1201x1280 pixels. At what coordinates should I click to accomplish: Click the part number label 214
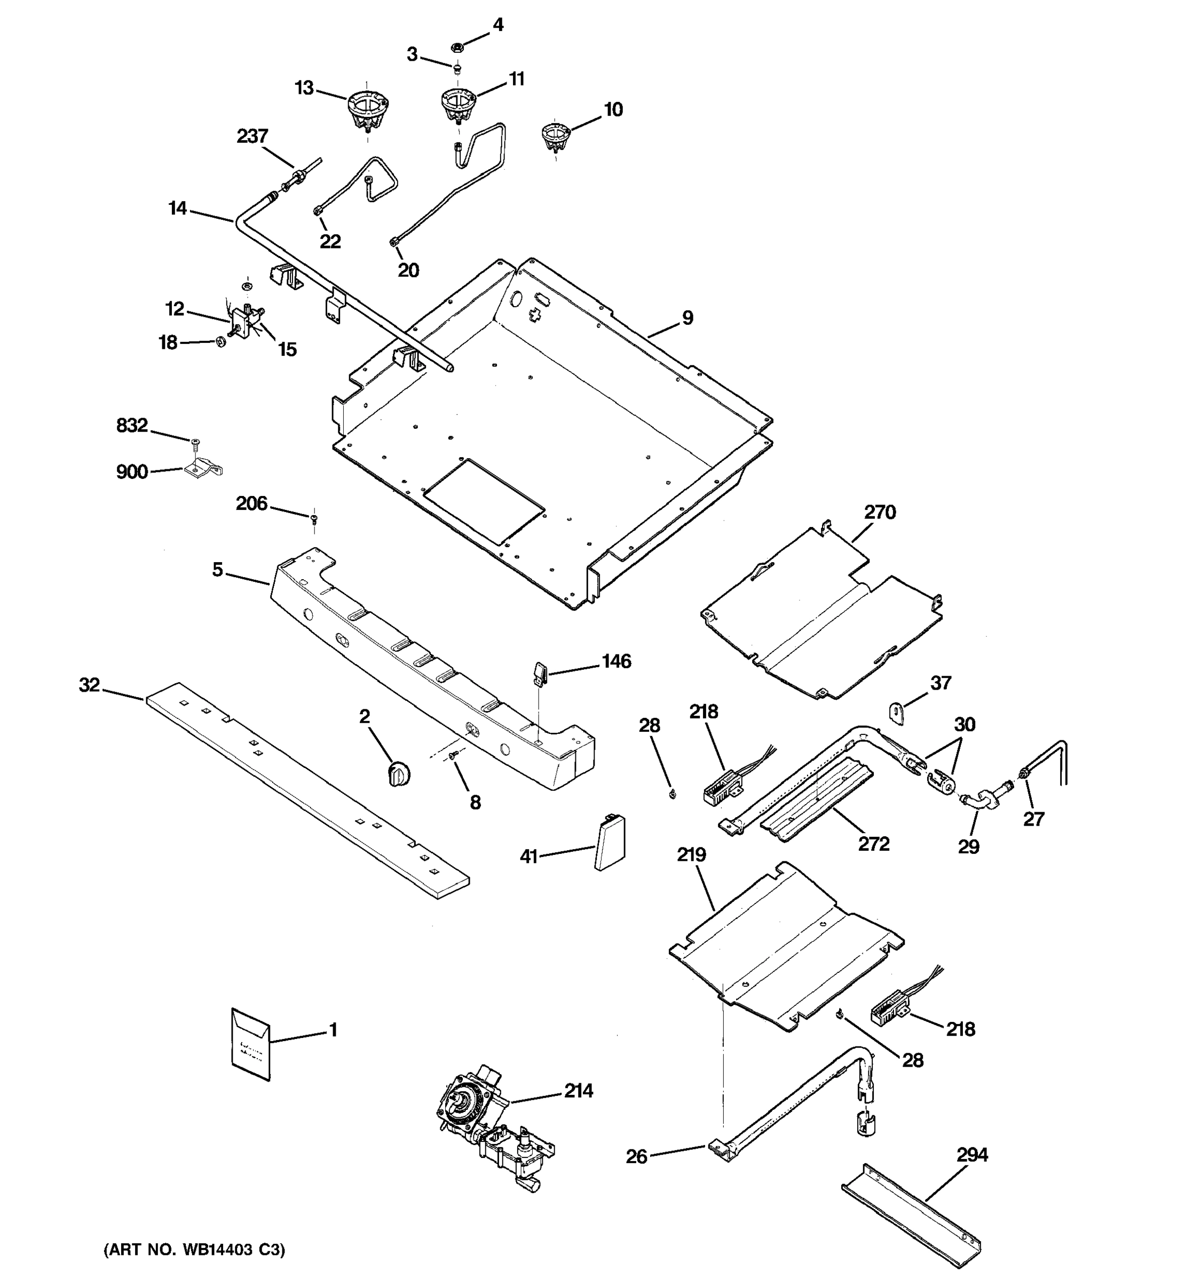click(x=578, y=1091)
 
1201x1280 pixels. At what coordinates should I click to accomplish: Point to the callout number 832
click(x=131, y=426)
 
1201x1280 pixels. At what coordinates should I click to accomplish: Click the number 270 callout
click(x=880, y=512)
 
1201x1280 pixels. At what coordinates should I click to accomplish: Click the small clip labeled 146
click(x=541, y=672)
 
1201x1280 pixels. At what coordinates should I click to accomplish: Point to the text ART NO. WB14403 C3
click(x=194, y=1250)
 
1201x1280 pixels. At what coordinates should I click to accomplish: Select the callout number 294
click(x=971, y=1155)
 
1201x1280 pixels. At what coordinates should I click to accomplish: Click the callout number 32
click(x=89, y=685)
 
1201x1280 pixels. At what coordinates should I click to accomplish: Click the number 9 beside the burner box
click(x=688, y=317)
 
